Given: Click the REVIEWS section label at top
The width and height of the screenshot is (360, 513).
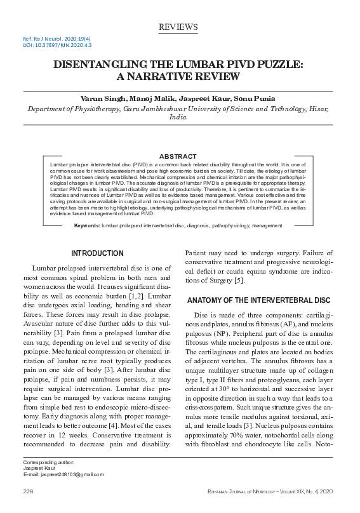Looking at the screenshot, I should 178,27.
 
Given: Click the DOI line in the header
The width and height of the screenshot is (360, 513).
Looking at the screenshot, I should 49,45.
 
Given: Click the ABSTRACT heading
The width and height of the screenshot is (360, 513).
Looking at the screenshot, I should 178,156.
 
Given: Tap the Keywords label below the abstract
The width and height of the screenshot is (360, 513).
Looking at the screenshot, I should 87,225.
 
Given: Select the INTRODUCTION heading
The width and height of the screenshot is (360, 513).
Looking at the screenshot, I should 97,253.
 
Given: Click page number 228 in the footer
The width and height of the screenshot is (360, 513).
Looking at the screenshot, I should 28,492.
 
